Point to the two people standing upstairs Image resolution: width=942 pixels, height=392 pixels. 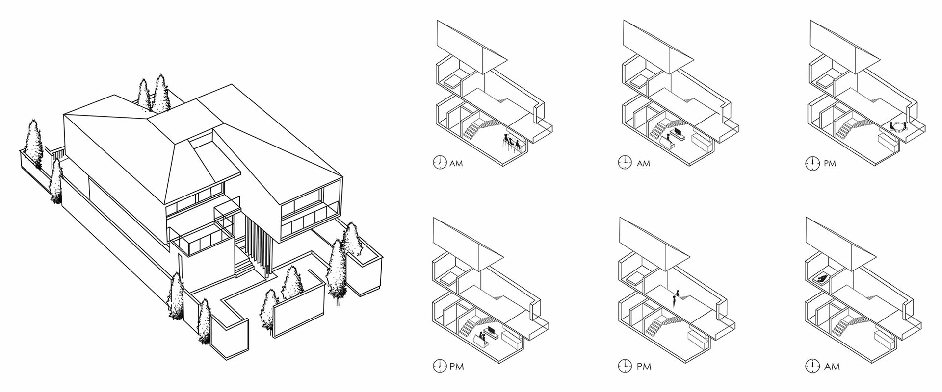coord(676,296)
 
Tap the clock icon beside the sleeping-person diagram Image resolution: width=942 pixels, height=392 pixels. coord(812,366)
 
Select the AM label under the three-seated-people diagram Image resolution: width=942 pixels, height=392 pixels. coord(456,163)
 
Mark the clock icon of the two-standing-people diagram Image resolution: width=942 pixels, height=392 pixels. coord(625,366)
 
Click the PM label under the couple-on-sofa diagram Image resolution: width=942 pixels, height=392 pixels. coord(456,366)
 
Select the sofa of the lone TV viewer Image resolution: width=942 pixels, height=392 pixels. coord(665,142)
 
